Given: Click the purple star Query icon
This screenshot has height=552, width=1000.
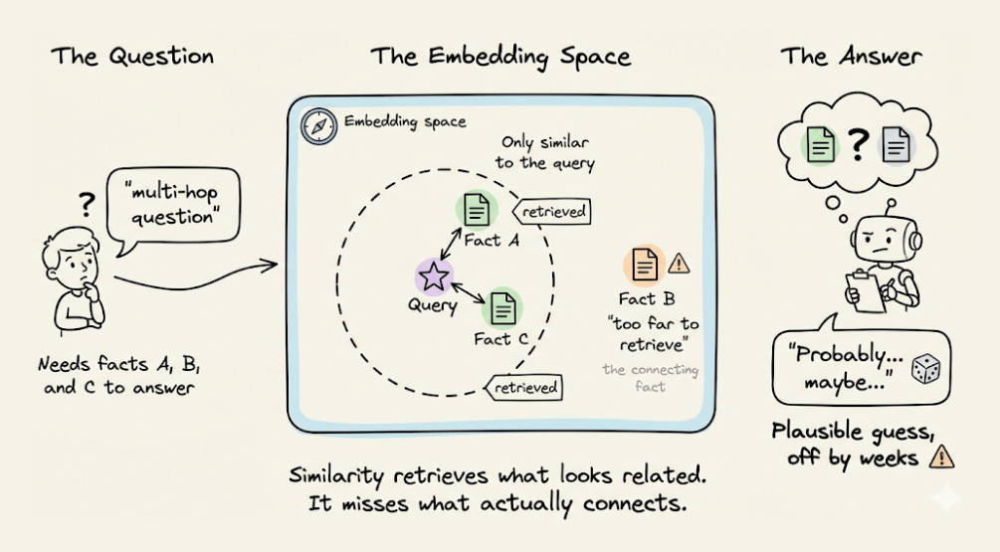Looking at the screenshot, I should (x=435, y=277).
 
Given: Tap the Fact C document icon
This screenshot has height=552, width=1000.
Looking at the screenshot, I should (x=503, y=309).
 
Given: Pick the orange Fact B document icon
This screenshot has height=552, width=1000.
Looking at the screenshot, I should (x=645, y=265).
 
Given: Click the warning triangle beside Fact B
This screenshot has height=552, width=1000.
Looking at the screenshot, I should (x=680, y=263).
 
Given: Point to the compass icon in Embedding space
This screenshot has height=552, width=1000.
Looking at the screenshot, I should (x=318, y=126).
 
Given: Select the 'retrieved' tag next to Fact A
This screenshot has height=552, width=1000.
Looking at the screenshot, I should (x=551, y=211).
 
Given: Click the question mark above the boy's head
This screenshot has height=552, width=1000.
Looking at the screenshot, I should (x=87, y=205).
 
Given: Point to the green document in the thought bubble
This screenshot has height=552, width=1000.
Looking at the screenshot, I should (x=820, y=145).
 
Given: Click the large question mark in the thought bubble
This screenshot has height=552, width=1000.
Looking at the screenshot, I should (x=858, y=145).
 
